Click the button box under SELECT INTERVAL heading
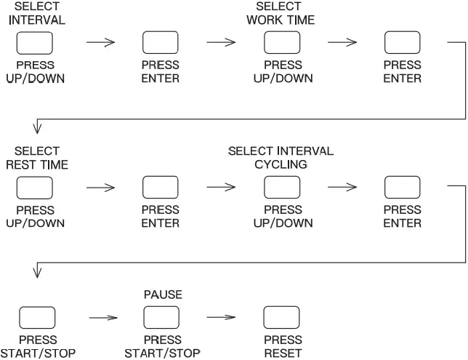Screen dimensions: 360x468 [x=34, y=43]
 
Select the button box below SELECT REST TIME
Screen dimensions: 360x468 [x=34, y=188]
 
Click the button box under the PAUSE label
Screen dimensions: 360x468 [x=161, y=318]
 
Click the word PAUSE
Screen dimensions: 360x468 [x=161, y=295]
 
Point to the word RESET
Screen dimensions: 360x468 [x=283, y=353]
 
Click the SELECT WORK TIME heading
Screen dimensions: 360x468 [x=283, y=13]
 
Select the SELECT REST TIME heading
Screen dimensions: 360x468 [x=36, y=158]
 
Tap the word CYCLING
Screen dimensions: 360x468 [x=281, y=164]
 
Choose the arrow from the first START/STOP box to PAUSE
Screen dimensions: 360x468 [x=102, y=318]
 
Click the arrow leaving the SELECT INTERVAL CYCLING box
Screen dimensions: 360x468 [x=343, y=188]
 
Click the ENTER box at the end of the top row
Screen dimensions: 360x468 [x=402, y=43]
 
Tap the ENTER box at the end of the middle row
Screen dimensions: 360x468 [x=402, y=188]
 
